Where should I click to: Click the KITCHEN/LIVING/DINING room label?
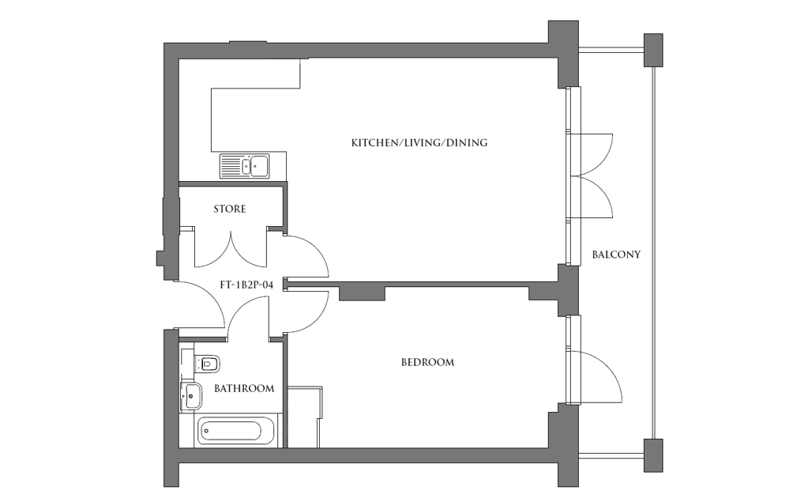(x=419, y=143)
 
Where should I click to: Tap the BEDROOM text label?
(x=427, y=363)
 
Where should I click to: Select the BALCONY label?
(x=616, y=255)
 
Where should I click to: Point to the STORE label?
(x=230, y=209)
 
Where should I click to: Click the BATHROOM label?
(x=244, y=389)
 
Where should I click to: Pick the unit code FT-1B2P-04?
(x=246, y=285)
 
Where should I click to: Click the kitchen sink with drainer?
(x=245, y=166)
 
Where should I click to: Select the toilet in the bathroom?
(x=207, y=364)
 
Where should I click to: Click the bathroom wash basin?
(x=190, y=396)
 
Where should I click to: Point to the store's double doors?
(x=230, y=248)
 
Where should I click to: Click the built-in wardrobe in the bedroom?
(x=304, y=417)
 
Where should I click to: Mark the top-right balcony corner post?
(x=655, y=51)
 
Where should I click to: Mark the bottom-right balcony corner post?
(x=654, y=455)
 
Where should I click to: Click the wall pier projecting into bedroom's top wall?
(x=361, y=293)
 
